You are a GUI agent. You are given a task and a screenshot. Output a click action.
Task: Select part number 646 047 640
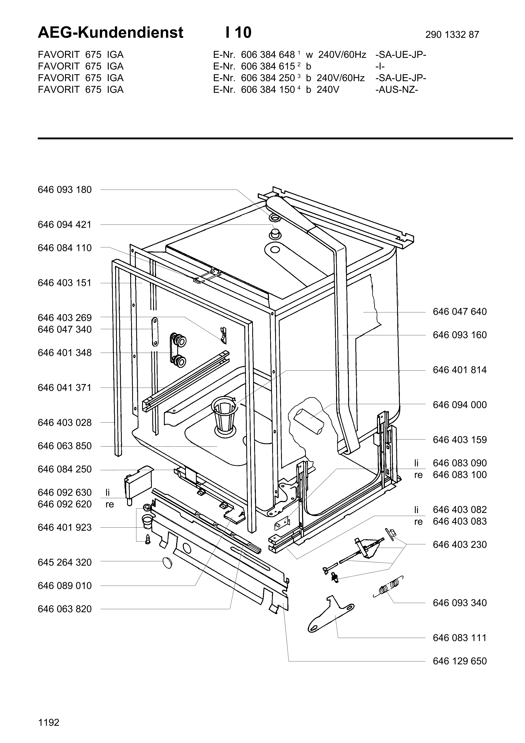(x=459, y=312)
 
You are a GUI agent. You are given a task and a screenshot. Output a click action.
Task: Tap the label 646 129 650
(x=459, y=661)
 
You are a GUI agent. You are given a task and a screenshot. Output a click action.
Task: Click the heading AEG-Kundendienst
(x=111, y=33)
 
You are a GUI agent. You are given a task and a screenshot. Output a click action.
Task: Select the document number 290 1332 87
(x=452, y=35)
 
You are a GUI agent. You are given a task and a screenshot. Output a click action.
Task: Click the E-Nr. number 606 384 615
(x=268, y=66)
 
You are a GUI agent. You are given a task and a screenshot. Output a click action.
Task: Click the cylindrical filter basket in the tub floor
(x=224, y=416)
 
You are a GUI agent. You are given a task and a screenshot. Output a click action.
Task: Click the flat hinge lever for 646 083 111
(x=330, y=614)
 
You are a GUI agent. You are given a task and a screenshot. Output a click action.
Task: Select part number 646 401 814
(x=459, y=370)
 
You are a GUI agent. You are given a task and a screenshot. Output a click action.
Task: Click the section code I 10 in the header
(x=239, y=33)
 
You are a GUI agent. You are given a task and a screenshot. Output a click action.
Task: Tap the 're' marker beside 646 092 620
(x=110, y=505)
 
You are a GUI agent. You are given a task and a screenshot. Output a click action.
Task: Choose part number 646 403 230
(x=459, y=545)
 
